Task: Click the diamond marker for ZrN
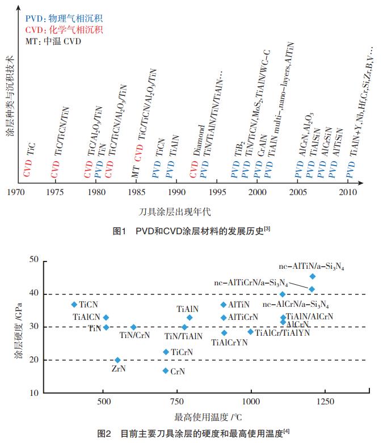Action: [x=117, y=360]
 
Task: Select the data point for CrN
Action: [x=166, y=371]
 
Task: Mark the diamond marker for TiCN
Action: [x=74, y=305]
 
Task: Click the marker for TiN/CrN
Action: [x=133, y=327]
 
